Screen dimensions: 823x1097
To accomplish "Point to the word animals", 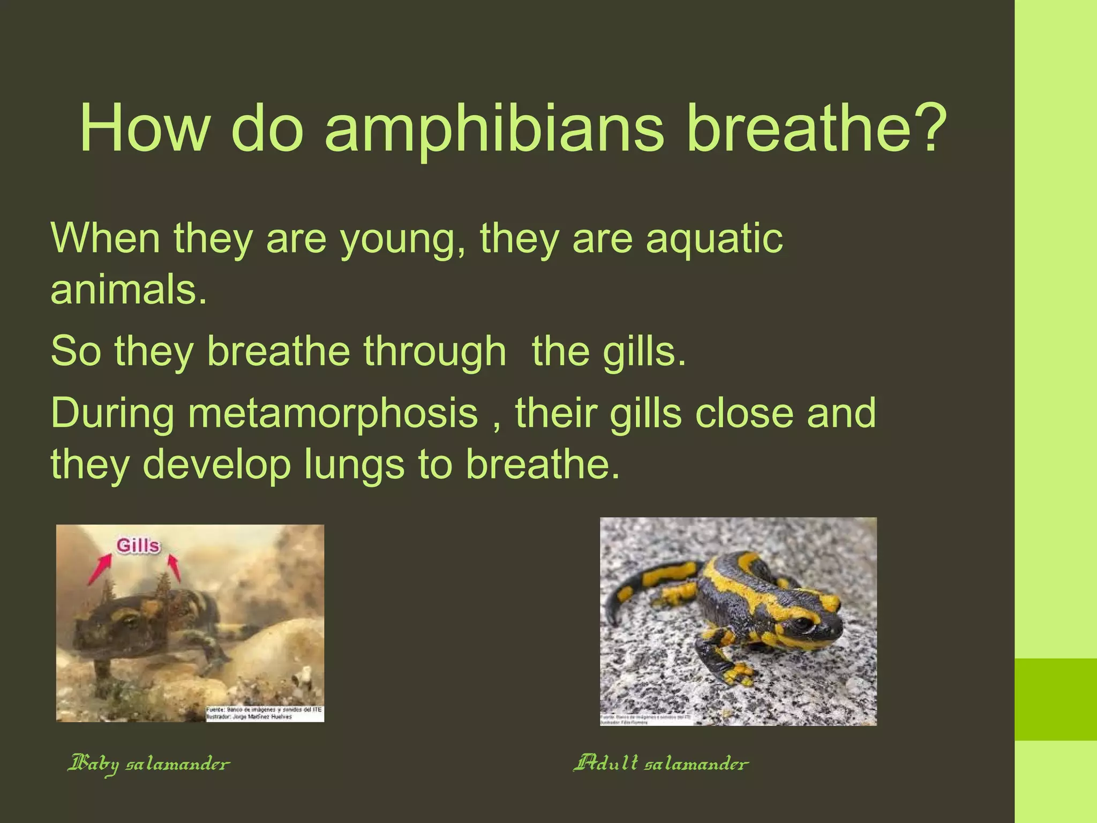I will point(129,290).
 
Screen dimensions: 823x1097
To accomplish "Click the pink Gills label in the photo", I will point(138,546).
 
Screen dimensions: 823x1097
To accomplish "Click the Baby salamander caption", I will point(148,763).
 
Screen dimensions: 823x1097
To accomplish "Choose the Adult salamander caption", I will point(660,762).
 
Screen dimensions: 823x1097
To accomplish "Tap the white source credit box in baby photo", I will point(265,713).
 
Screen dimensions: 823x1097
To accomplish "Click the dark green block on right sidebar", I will point(1056,699).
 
